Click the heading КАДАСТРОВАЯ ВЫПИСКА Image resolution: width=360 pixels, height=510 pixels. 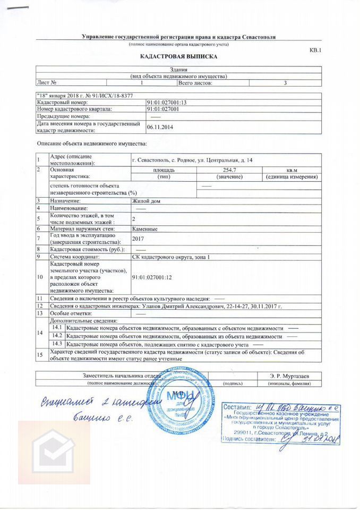[x=178, y=56]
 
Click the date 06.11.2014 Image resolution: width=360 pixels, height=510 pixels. [x=160, y=127]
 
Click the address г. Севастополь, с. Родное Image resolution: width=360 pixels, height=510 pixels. [x=192, y=160]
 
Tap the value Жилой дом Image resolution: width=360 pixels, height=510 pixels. [x=146, y=201]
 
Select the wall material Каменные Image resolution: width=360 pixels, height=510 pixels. [x=145, y=228]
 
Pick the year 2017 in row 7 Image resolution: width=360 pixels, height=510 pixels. [x=138, y=239]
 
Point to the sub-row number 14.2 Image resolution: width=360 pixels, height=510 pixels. [x=57, y=336]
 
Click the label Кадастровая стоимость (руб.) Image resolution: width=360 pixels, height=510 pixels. [x=87, y=249]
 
